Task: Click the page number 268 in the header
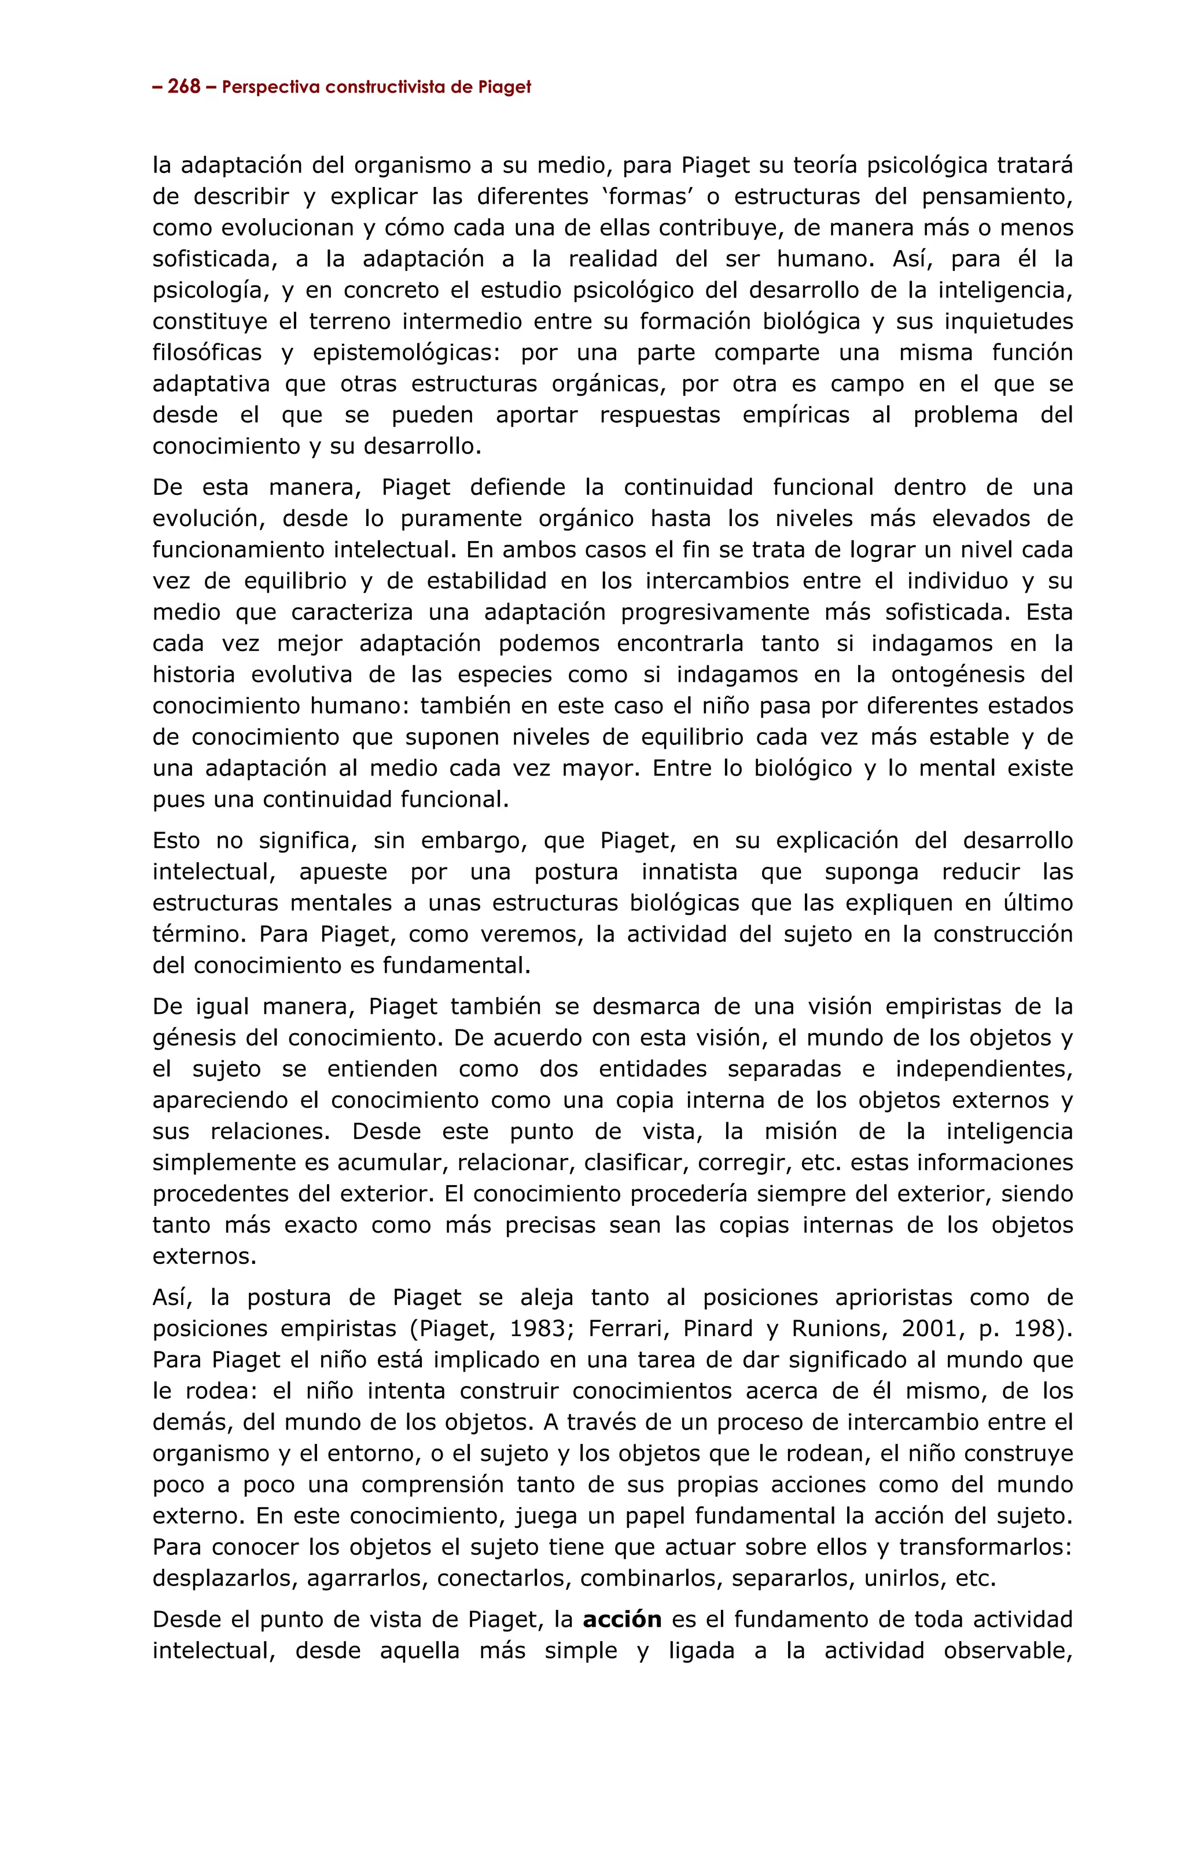tap(184, 87)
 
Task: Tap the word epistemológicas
tap(406, 353)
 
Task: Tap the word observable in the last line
tap(1006, 1651)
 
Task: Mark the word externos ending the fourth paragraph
tap(204, 1256)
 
